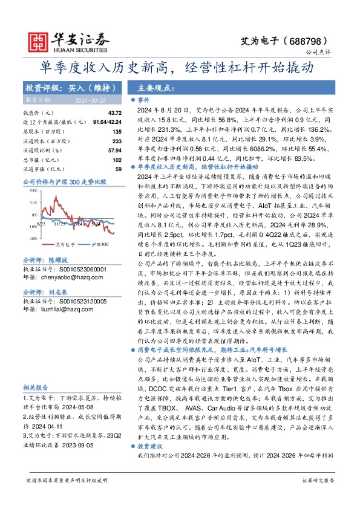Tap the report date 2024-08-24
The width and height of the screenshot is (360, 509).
(87, 99)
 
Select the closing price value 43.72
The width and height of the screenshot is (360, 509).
(114, 113)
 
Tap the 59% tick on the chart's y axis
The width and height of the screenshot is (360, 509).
(33, 190)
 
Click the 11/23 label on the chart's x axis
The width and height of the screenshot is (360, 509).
(59, 223)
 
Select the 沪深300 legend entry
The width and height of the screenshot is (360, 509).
(99, 245)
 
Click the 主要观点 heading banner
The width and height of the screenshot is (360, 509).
(155, 88)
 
